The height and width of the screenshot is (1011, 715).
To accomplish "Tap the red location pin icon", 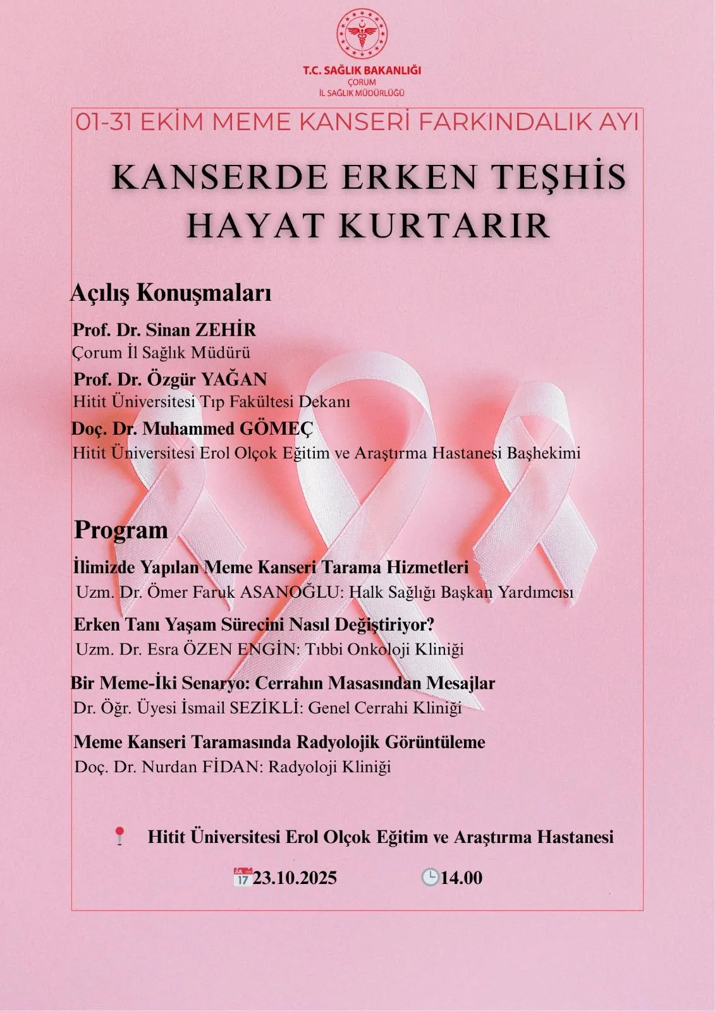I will (119, 836).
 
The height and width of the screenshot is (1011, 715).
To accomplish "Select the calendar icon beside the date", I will (242, 877).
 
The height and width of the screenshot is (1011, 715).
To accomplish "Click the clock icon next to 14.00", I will (430, 877).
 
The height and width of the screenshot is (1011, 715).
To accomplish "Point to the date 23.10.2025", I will (295, 878).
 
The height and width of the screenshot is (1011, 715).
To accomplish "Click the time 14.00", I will (461, 878).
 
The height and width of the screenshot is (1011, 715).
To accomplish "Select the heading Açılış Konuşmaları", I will (171, 293).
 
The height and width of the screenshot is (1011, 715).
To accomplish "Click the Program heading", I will (121, 530).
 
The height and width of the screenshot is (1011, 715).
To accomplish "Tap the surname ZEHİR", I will (226, 330).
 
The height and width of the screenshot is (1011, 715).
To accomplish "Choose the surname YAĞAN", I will (235, 379).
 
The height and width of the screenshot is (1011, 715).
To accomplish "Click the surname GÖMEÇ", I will (276, 428).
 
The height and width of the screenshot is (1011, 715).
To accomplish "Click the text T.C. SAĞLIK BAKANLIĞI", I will (362, 71).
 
